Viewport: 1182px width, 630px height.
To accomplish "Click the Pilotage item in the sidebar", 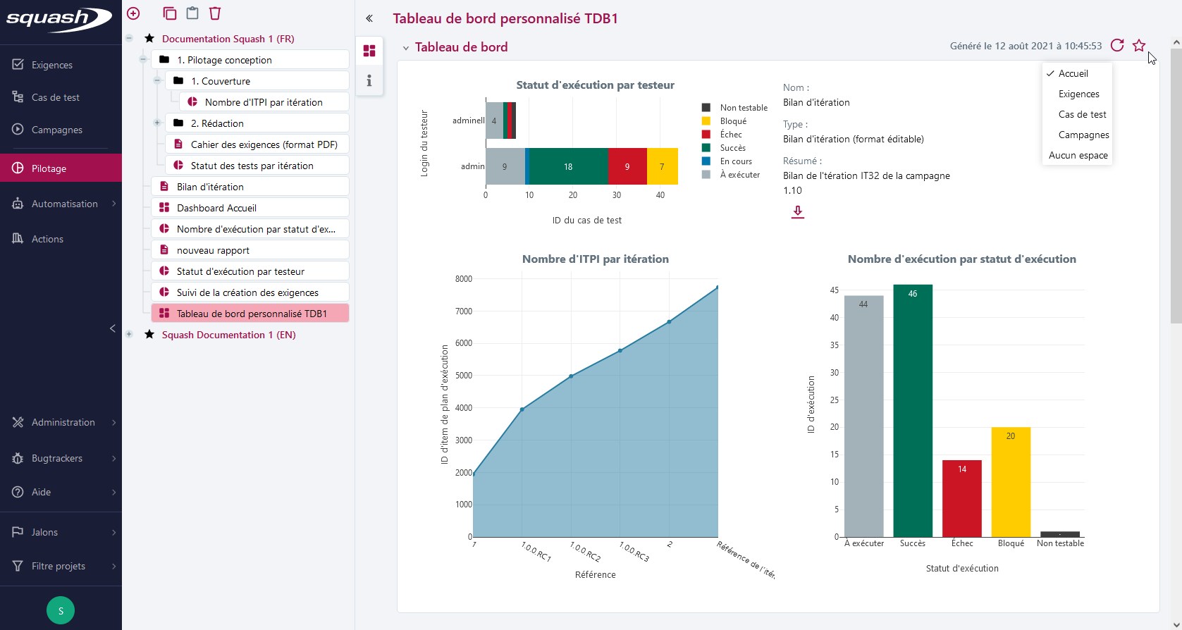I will coord(49,168).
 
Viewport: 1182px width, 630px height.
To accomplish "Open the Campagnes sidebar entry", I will coord(56,130).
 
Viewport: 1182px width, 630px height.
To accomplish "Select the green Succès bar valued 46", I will coord(913,410).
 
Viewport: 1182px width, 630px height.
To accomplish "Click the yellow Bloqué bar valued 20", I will coord(1011,482).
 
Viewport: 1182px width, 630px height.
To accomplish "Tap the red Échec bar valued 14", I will coord(961,498).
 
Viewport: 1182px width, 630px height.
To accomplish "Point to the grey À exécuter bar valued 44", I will coord(863,416).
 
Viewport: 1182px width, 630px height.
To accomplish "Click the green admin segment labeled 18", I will coord(568,166).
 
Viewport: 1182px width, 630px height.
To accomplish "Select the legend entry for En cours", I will coord(735,161).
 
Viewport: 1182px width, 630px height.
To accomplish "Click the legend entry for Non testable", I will coord(743,108).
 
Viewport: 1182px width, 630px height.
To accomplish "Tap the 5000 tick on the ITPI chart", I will coord(463,376).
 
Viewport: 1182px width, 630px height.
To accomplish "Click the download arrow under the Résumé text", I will coord(797,211).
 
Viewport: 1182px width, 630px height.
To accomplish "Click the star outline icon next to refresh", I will coord(1139,46).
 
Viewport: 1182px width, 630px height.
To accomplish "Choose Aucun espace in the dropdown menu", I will coord(1078,155).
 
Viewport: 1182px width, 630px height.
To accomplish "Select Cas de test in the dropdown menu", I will coord(1082,114).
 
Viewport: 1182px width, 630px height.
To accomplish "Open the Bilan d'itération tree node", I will coord(210,187).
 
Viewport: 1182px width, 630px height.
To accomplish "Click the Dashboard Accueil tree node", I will coord(216,208).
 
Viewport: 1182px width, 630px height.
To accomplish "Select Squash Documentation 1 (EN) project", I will coord(228,335).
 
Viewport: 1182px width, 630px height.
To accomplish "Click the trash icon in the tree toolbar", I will coord(215,13).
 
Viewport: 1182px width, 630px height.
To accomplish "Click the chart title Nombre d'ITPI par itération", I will coord(595,259).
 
